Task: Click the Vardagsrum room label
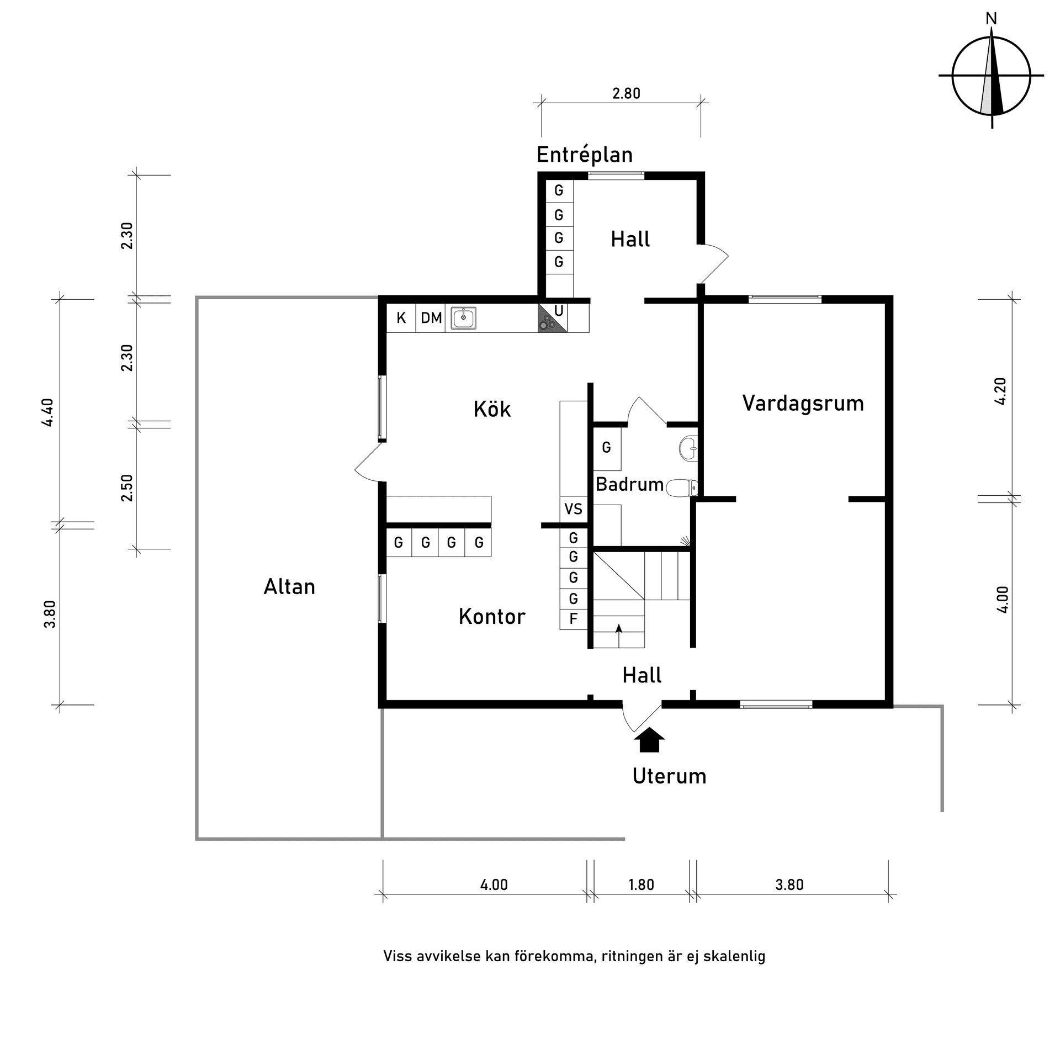point(803,404)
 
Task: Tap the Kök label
point(492,410)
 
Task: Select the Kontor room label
point(492,617)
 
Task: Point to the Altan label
point(289,587)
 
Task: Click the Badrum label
point(629,485)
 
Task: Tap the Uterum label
point(669,776)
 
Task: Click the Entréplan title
point(585,155)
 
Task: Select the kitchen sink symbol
point(463,318)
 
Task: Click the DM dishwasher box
point(431,319)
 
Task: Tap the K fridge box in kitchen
point(401,319)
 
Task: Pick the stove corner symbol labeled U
point(553,319)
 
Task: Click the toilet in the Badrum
point(682,488)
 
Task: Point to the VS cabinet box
point(573,508)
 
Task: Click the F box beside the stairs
point(573,619)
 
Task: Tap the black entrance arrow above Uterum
point(649,740)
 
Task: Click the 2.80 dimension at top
point(626,94)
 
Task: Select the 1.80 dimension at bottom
point(641,885)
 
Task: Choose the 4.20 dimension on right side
point(1000,391)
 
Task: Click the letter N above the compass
point(992,19)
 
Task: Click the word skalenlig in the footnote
point(734,956)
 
